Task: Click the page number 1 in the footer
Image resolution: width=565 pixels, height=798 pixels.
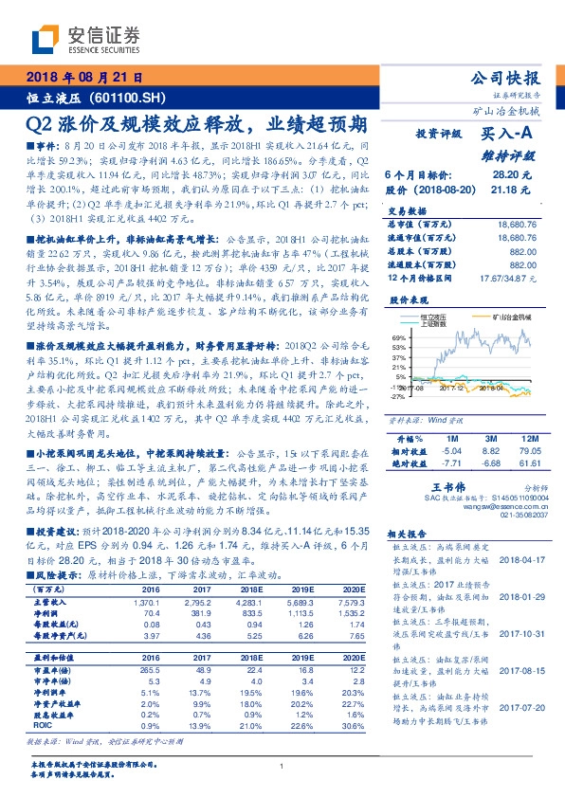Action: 282,766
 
